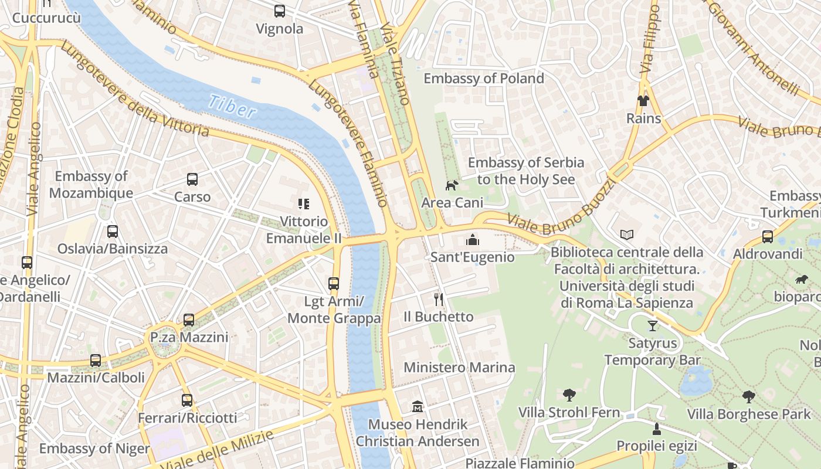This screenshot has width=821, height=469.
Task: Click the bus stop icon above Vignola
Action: coord(280,11)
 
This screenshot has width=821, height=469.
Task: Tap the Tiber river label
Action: coord(232,107)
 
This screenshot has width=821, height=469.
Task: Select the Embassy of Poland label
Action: coord(484,78)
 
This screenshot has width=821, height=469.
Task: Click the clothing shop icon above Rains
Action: coord(643,101)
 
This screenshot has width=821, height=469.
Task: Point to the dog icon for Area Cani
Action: coord(452,186)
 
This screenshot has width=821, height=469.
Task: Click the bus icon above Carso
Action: coord(192,179)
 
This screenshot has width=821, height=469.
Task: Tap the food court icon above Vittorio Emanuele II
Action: coord(303,204)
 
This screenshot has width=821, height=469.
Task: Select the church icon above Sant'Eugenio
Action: coord(472,239)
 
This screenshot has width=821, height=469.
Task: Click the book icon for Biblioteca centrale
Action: coord(627,235)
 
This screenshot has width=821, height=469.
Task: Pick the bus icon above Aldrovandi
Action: coord(768,237)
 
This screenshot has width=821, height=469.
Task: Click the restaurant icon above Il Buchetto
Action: coord(439,300)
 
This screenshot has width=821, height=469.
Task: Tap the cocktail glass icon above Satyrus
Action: coord(653,325)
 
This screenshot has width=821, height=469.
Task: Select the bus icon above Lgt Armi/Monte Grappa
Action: coord(334,284)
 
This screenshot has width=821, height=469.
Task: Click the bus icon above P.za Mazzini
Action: coord(189,320)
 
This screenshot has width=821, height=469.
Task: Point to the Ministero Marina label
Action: coord(459,368)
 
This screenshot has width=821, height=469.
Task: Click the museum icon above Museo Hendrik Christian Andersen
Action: coord(418,406)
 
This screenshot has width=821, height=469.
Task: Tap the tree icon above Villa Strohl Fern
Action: coord(569,395)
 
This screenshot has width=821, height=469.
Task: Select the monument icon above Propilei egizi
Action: coord(657,429)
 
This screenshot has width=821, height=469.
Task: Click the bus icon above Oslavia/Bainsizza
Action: coord(113,232)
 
